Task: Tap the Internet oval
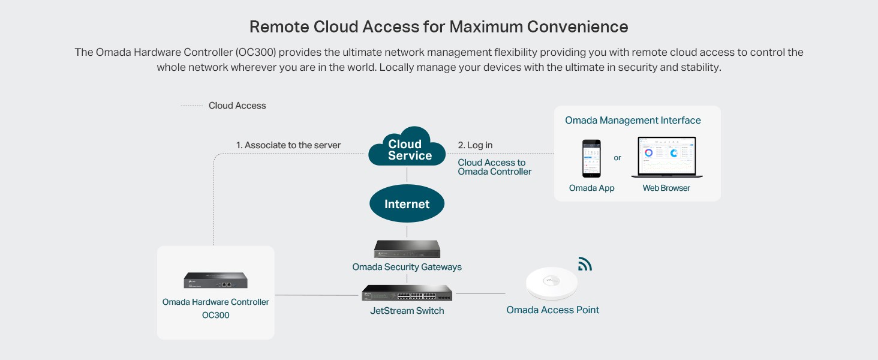pos(407,204)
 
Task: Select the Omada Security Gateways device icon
pos(407,248)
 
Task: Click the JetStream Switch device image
pos(407,293)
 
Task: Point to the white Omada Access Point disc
pos(551,283)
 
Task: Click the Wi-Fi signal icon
pos(584,264)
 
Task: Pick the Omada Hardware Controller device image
pos(215,280)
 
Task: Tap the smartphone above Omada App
pos(591,158)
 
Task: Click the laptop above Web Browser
pos(666,157)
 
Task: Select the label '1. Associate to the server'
pos(288,145)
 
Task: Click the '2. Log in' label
pos(475,145)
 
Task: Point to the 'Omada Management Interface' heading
pos(633,121)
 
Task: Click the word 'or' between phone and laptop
pos(617,158)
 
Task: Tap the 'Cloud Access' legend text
pos(237,106)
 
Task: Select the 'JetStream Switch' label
pos(407,311)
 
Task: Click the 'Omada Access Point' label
pos(552,310)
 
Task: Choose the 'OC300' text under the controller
pos(215,315)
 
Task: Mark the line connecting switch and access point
pos(480,294)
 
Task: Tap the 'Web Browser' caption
pos(666,188)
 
